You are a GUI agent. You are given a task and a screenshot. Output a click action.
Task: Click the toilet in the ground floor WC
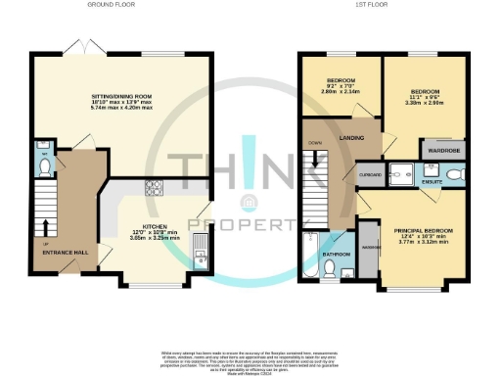click(x=45, y=166)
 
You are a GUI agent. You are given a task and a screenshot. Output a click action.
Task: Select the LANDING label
click(x=351, y=138)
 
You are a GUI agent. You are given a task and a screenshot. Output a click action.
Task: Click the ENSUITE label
click(x=433, y=182)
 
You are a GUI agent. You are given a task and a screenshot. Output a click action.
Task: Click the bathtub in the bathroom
click(x=308, y=256)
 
